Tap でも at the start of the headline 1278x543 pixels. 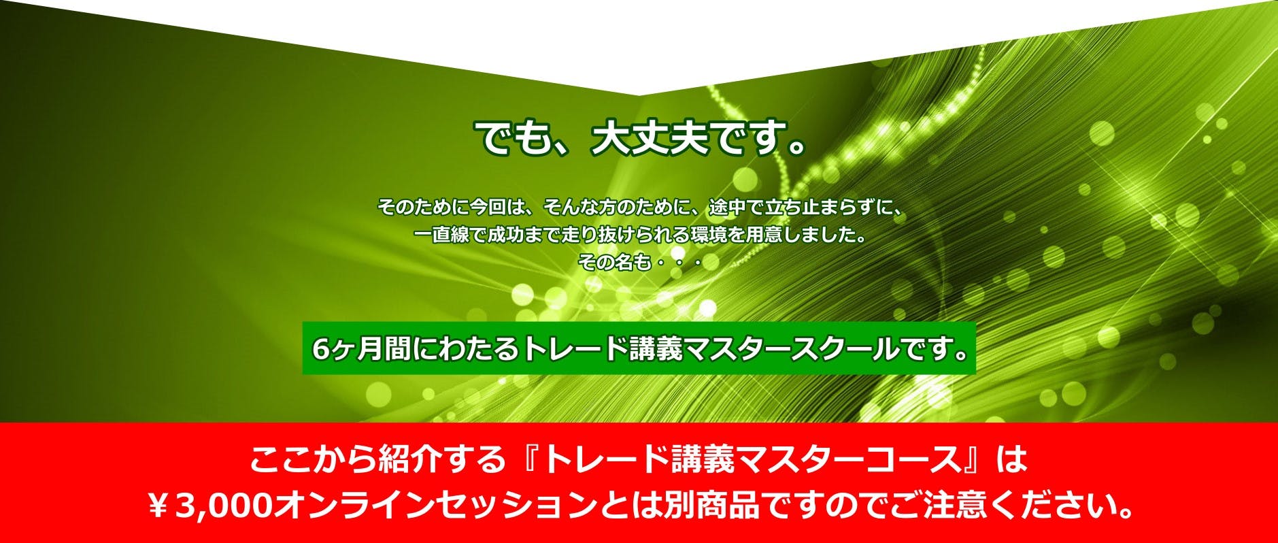click(510, 139)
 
